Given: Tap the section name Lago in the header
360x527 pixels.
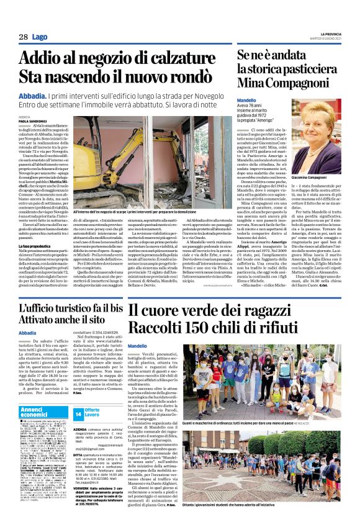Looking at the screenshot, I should tap(40, 38).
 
